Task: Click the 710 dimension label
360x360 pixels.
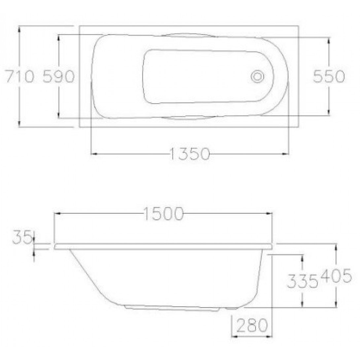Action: pyautogui.click(x=20, y=76)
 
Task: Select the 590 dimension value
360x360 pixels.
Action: pyautogui.click(x=59, y=76)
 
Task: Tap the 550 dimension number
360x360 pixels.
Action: pyautogui.click(x=329, y=76)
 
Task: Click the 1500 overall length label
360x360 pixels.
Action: pyautogui.click(x=163, y=214)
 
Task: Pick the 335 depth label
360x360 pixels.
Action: pyautogui.click(x=303, y=281)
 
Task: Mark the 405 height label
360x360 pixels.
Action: pyautogui.click(x=336, y=275)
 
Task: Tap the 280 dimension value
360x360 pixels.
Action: pyautogui.click(x=252, y=325)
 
